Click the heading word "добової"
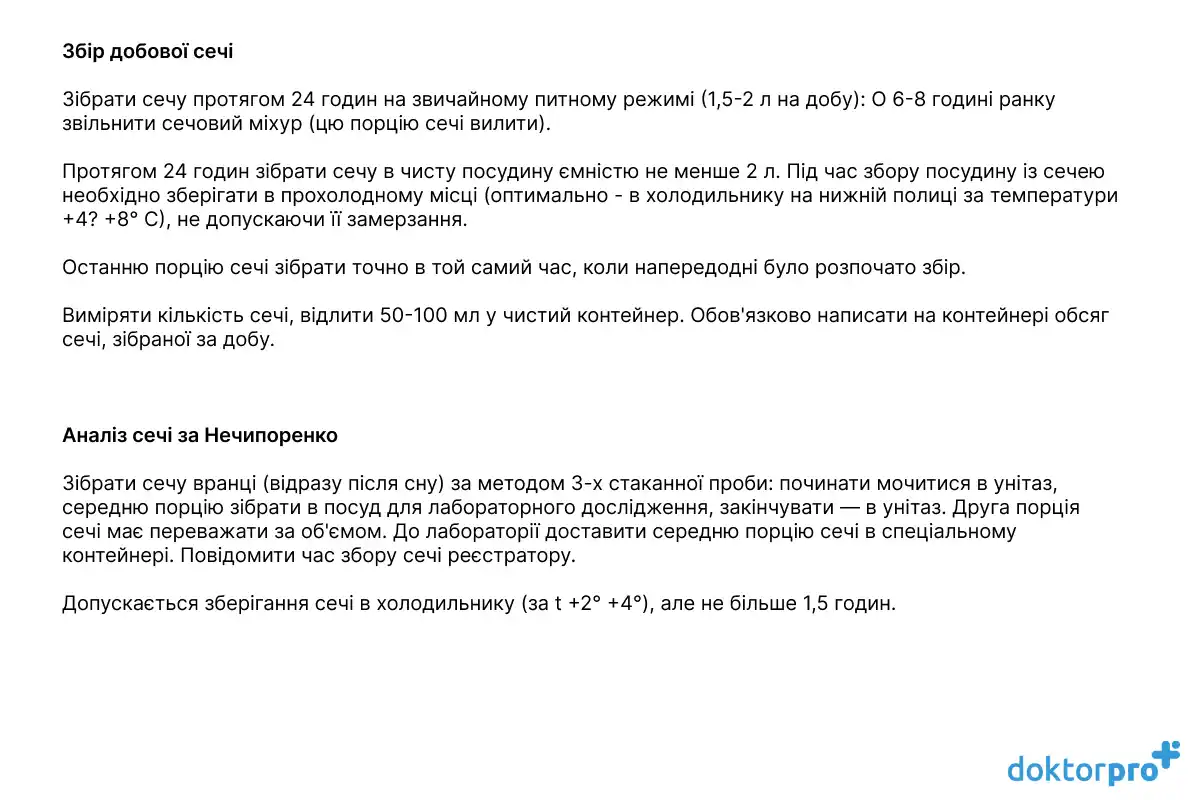(x=148, y=50)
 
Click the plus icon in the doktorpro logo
(x=1165, y=756)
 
